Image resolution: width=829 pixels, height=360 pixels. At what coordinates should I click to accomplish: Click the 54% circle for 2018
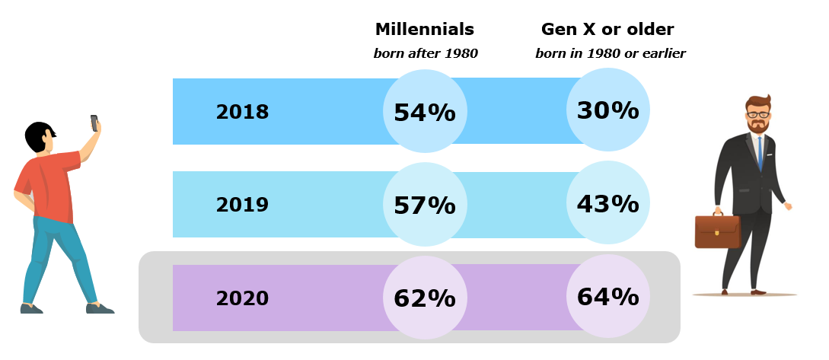click(x=424, y=112)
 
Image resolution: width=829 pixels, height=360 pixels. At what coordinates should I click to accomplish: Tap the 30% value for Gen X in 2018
click(x=607, y=110)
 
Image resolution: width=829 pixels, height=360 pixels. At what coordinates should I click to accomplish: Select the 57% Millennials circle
click(x=424, y=205)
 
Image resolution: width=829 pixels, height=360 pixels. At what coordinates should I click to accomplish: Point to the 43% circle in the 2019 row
click(x=607, y=203)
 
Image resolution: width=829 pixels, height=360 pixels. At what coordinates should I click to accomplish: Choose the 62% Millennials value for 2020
click(x=424, y=298)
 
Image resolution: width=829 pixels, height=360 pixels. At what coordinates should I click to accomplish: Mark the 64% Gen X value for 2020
click(x=607, y=296)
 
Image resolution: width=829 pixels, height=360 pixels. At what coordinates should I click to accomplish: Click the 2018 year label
click(x=242, y=112)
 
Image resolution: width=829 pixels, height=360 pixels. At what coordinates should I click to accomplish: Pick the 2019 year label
click(x=242, y=205)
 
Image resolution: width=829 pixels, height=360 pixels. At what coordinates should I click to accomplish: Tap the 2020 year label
click(x=242, y=298)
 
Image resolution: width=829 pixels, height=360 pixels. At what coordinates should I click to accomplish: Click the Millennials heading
click(x=424, y=30)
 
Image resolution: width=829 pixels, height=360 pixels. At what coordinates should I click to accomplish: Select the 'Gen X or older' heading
click(x=607, y=30)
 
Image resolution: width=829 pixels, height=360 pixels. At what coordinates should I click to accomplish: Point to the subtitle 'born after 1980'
click(x=425, y=53)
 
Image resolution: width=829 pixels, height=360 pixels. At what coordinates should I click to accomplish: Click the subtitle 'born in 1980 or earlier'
click(x=611, y=53)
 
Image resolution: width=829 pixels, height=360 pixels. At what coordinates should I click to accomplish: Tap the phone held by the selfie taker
click(x=94, y=123)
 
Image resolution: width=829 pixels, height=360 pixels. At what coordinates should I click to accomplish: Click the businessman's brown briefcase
click(x=717, y=231)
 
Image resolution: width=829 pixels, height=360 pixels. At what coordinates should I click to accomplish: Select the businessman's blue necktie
click(x=759, y=153)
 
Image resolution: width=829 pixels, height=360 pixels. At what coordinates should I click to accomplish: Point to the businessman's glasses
click(x=757, y=115)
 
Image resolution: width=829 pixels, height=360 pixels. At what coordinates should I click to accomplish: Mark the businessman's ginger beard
click(x=757, y=126)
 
